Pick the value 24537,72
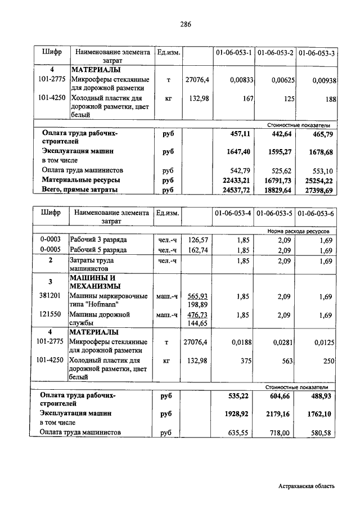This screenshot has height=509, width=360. coord(233,191)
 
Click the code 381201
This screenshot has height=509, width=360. coord(51,296)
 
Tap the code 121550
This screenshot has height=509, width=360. coord(51,315)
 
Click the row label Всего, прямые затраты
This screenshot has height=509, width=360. coord(79,191)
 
